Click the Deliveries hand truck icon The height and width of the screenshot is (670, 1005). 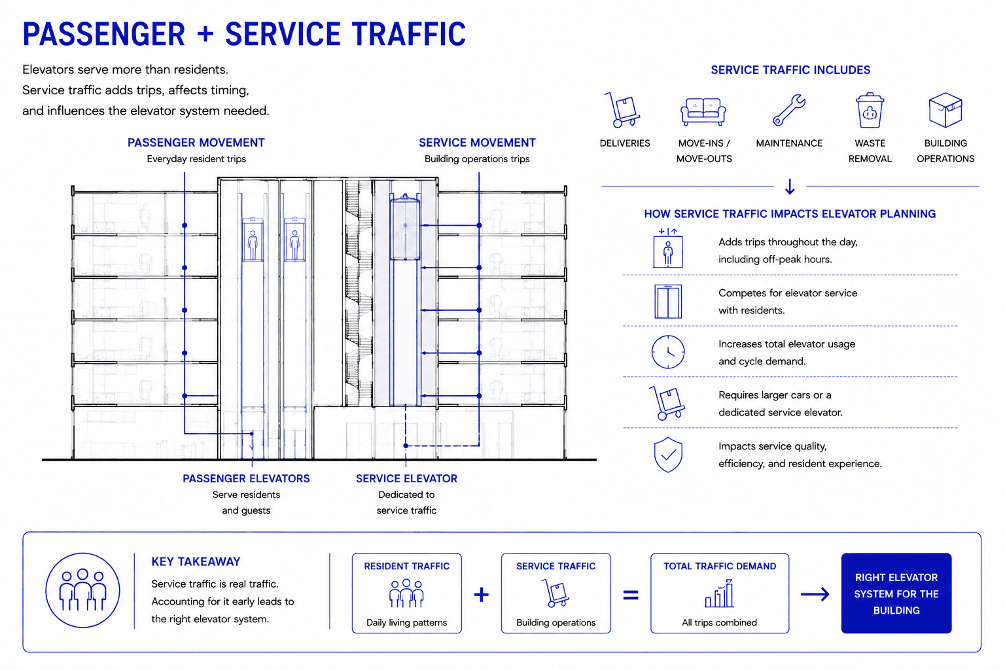click(x=623, y=110)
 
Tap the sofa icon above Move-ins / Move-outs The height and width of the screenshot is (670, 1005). click(x=703, y=112)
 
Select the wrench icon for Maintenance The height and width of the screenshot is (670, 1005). click(x=788, y=109)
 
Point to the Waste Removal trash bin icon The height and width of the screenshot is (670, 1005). click(x=870, y=111)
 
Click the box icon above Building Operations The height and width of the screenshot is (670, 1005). click(x=945, y=110)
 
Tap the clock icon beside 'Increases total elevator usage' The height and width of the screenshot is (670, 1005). click(x=667, y=352)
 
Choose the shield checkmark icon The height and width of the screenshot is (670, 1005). click(x=668, y=455)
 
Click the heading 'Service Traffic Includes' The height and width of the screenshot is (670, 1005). click(x=790, y=70)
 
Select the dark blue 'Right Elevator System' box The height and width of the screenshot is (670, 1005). click(x=896, y=593)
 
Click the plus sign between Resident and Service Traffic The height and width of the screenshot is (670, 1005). click(x=482, y=595)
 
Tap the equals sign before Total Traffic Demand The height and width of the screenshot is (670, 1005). click(x=630, y=595)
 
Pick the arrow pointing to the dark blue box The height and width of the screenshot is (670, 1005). click(x=815, y=594)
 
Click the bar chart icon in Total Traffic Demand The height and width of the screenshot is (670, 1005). click(x=719, y=593)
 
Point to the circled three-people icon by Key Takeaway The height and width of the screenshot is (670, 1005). click(x=82, y=590)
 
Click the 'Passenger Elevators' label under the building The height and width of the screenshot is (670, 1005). click(x=246, y=478)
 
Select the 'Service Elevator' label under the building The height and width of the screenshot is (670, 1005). click(x=406, y=478)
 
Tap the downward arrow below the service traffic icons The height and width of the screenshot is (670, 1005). click(x=790, y=186)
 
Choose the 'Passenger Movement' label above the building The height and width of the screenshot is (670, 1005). click(x=196, y=143)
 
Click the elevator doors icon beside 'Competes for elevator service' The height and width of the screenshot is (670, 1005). click(x=667, y=301)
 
